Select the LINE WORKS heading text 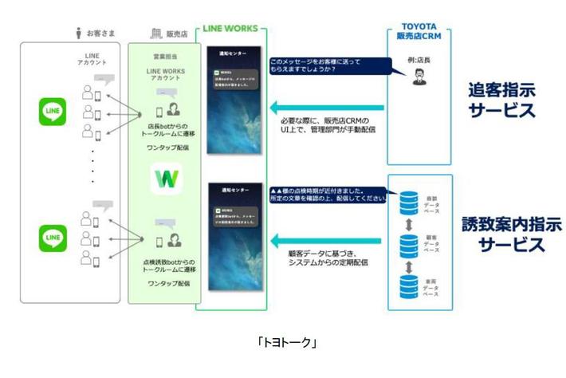point(230,28)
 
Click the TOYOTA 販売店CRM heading point(419,30)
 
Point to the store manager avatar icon point(419,77)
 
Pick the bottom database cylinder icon point(410,285)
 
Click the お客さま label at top point(99,33)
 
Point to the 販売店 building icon point(155,33)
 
